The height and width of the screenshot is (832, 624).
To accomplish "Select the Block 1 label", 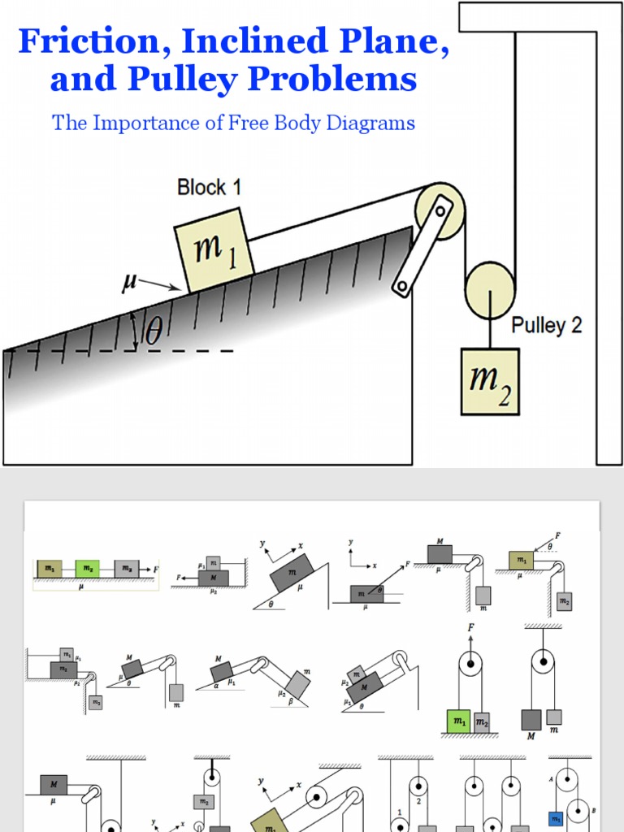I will [209, 188].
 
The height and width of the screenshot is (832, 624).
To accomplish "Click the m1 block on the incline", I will [214, 249].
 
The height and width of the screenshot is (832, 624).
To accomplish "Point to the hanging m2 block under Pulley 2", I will [489, 381].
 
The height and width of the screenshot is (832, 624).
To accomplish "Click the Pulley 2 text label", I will [546, 326].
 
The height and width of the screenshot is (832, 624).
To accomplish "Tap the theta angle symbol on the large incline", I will [153, 331].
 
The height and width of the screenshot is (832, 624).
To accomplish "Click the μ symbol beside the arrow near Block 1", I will [128, 281].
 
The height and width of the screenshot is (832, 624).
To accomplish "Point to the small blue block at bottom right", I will [557, 819].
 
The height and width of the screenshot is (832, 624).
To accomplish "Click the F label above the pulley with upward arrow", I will [470, 627].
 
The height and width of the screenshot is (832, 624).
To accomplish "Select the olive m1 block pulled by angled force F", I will [521, 560].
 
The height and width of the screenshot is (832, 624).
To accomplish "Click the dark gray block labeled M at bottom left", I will [54, 785].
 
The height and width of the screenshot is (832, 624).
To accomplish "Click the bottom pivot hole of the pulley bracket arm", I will [401, 286].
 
